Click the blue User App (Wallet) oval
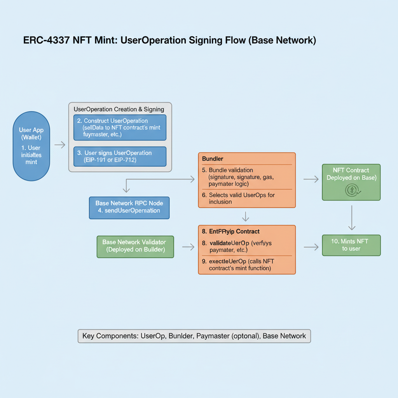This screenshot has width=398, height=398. tap(31, 146)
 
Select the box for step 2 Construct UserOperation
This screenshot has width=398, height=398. tap(120, 127)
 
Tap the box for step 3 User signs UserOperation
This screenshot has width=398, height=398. tap(120, 156)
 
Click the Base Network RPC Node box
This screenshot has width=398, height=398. tap(129, 207)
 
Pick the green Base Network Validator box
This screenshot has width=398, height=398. tap(135, 246)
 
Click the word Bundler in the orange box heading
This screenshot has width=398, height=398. tap(213, 159)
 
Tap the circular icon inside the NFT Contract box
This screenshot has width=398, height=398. tap(351, 190)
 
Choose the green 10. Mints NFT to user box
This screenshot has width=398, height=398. tap(351, 245)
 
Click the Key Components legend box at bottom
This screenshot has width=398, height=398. tap(194, 336)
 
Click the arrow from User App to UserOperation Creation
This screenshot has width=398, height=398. tap(60, 145)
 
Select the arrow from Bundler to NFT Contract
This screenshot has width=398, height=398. tap(311, 179)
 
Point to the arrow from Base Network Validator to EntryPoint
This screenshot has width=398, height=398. tap(188, 247)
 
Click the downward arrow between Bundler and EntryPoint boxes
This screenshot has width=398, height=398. tap(245, 216)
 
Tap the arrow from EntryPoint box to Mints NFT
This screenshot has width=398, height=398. tap(311, 246)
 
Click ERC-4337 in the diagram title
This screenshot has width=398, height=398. tap(46, 40)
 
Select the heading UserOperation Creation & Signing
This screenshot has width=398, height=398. tap(119, 109)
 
